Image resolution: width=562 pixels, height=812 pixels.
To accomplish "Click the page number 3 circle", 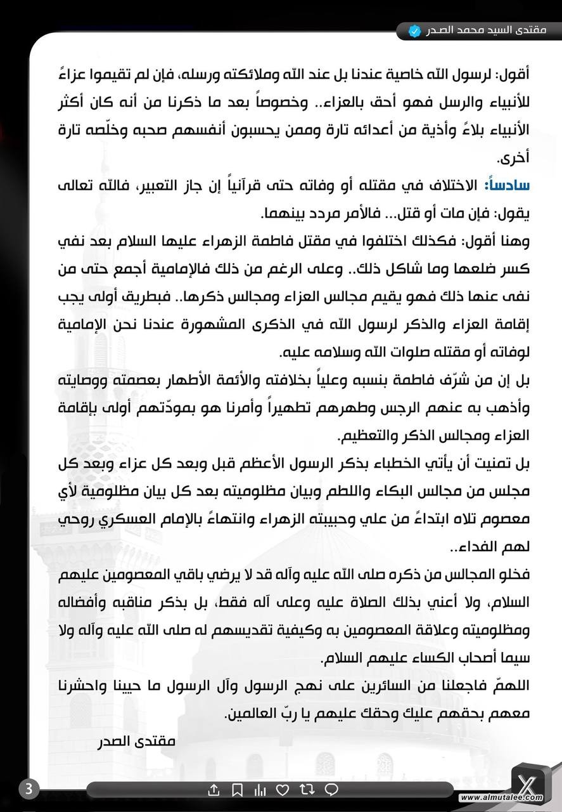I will tap(29, 789).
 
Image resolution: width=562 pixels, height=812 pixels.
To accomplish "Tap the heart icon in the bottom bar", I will tap(283, 790).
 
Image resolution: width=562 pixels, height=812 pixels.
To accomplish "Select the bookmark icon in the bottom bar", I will tap(236, 790).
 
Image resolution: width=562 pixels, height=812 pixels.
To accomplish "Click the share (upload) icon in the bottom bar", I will tap(214, 790).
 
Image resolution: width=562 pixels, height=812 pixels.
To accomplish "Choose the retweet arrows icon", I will tap(307, 790).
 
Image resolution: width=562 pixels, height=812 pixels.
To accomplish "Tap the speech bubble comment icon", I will tap(331, 790).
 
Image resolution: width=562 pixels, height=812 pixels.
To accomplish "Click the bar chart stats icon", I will tap(260, 790).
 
